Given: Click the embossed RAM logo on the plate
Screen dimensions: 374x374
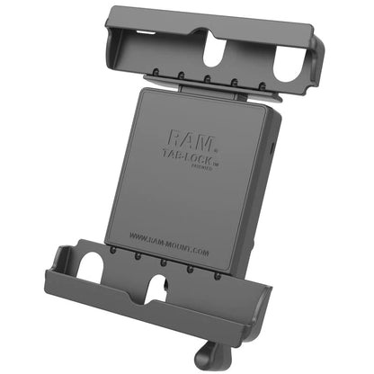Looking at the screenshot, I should click(x=186, y=138).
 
